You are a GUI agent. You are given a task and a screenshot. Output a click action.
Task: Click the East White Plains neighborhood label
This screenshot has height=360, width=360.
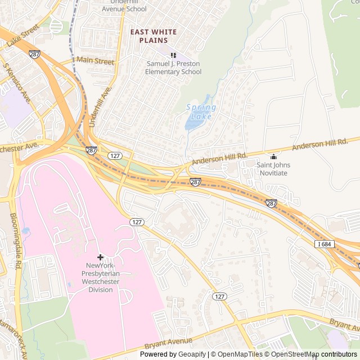153,36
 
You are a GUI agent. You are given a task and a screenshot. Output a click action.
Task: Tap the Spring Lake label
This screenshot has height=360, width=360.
199,112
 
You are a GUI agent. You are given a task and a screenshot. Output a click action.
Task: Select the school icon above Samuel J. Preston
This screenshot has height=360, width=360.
173,55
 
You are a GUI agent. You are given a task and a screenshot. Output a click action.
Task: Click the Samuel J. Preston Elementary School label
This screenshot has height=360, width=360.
173,68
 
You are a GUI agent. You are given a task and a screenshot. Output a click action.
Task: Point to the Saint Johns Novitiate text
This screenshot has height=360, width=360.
273,169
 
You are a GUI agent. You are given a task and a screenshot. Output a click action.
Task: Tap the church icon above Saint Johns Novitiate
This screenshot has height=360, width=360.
273,156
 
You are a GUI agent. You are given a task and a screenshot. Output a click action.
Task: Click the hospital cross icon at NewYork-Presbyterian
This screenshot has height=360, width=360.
100,257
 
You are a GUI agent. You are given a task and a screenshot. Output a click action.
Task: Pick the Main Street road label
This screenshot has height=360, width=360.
95,61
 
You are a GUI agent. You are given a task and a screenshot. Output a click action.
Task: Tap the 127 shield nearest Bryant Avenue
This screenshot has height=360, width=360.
220,296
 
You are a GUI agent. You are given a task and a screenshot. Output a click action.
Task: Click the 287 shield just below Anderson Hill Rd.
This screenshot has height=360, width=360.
195,182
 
